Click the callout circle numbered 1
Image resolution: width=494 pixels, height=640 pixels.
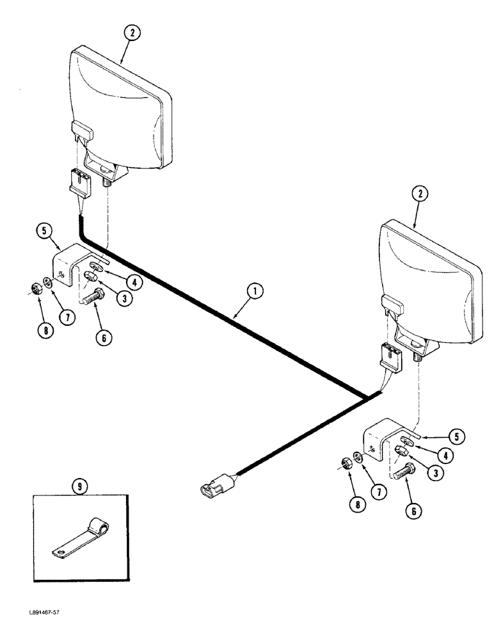tap(255, 292)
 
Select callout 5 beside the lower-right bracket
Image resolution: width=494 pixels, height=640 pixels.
tap(456, 437)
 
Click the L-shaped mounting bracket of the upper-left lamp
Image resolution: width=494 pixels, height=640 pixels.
tap(68, 265)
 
